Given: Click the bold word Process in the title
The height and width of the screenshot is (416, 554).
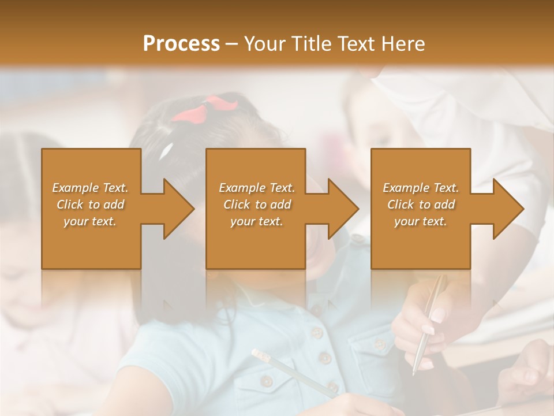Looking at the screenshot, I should pos(181,44).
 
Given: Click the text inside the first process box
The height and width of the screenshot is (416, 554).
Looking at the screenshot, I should pos(90,205).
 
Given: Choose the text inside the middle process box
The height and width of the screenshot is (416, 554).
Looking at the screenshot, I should pos(257,205).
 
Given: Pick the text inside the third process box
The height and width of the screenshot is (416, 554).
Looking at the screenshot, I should pos(421,205).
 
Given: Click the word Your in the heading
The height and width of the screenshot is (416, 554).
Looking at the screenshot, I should pos(263,44).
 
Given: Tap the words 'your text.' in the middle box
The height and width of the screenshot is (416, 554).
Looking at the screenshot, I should pos(257,221).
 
